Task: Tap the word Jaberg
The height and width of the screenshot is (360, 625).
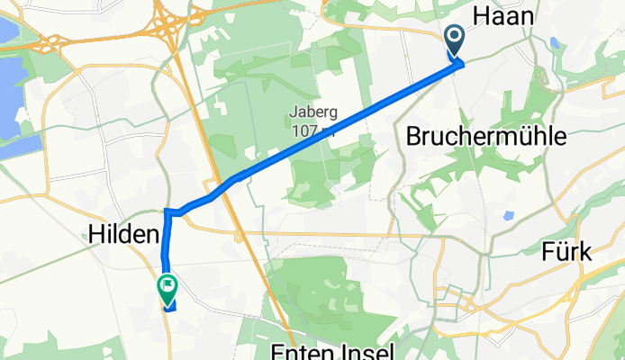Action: point(312,112)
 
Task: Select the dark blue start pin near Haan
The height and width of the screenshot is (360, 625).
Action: point(454,39)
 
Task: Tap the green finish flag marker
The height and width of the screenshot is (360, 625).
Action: point(168,288)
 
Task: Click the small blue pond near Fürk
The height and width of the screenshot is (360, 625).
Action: point(509,216)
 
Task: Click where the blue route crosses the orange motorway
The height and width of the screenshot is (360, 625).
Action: point(227,184)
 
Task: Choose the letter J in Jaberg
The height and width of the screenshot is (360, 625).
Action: point(293,112)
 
